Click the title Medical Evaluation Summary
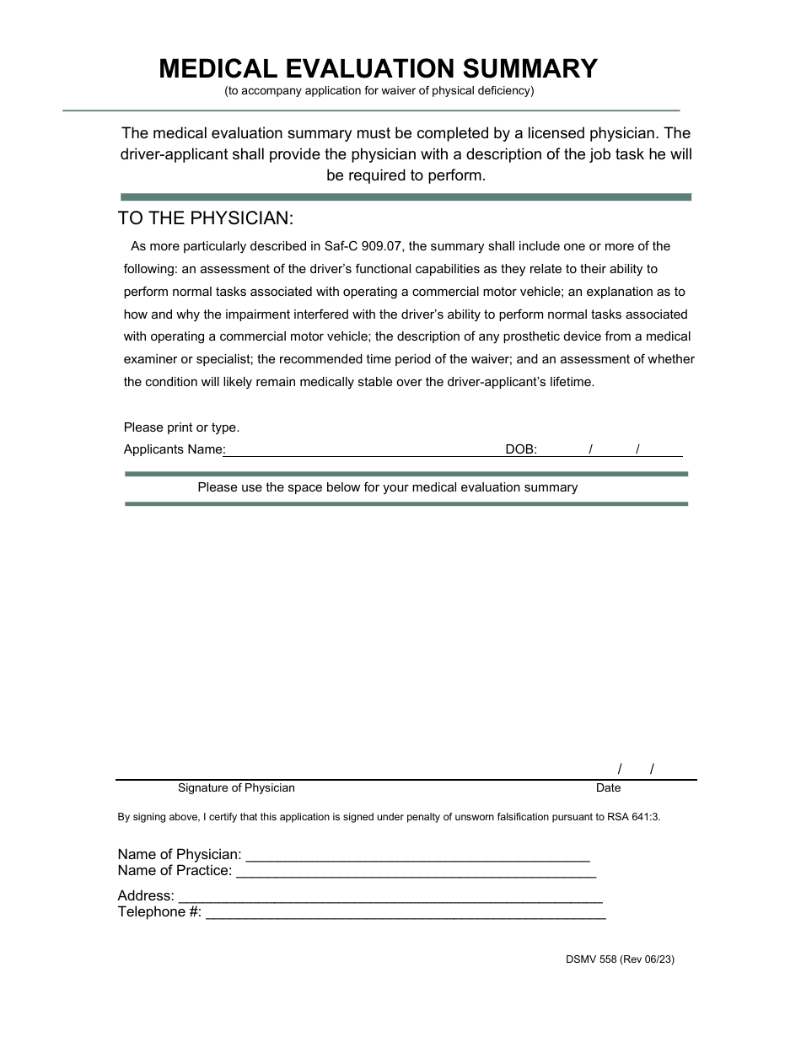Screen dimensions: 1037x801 379,68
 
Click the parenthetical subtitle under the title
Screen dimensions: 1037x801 379,91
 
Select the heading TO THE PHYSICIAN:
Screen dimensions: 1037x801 206,218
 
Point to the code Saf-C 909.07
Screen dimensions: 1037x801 364,246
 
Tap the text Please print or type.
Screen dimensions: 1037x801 181,427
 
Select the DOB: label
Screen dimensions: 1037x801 521,449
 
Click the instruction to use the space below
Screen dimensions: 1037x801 387,487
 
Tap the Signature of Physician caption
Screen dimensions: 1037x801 236,787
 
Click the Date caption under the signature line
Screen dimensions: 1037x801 608,787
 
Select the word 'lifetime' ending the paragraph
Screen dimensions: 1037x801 572,381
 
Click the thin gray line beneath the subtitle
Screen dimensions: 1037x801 371,110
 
